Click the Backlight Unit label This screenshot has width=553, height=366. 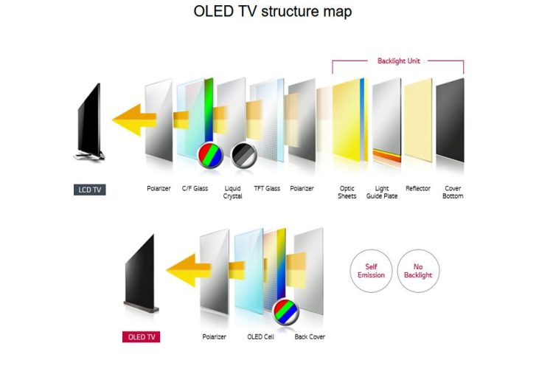[x=398, y=61]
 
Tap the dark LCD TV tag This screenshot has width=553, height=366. [x=90, y=190]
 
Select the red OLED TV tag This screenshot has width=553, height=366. [x=141, y=336]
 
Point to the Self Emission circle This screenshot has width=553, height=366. [x=371, y=271]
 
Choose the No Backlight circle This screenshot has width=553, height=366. [x=418, y=271]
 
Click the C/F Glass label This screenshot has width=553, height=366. [x=195, y=189]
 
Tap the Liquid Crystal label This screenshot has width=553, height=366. [x=232, y=193]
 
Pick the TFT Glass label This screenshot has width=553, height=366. [x=267, y=189]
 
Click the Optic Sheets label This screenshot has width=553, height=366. [x=347, y=193]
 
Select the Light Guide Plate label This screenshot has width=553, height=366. [x=383, y=193]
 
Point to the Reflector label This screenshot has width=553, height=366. [x=418, y=189]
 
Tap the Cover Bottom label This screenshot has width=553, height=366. [x=453, y=193]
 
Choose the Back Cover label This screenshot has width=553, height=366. [x=310, y=336]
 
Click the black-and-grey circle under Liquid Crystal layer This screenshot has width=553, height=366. [x=243, y=153]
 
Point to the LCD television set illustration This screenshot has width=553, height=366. [x=90, y=122]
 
